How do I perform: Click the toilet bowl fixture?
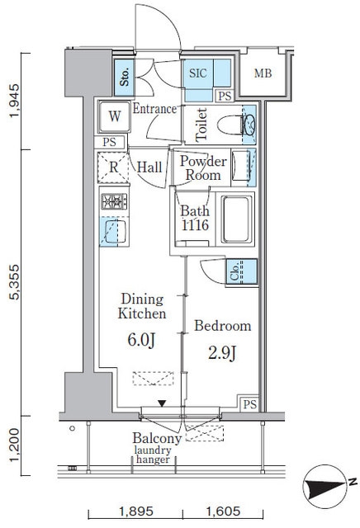point(235,125)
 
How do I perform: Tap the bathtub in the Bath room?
point(237,219)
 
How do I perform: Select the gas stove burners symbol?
point(114,201)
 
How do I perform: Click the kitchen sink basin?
point(115,231)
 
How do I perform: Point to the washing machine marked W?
point(114,116)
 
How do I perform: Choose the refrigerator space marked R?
point(114,167)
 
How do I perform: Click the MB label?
point(263,73)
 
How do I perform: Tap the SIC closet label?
point(198,73)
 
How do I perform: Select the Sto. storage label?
point(125,77)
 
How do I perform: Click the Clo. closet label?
point(235,271)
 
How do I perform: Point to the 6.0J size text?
point(141,340)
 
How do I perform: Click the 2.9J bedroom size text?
point(222,353)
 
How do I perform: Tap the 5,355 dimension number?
point(15,282)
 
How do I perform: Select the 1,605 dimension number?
point(223,511)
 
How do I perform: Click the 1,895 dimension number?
point(136,511)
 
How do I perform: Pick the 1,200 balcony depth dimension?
point(15,445)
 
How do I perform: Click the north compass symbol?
point(326,487)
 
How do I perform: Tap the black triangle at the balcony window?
point(162,403)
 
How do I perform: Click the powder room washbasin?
point(240,167)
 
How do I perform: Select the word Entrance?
point(154,109)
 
